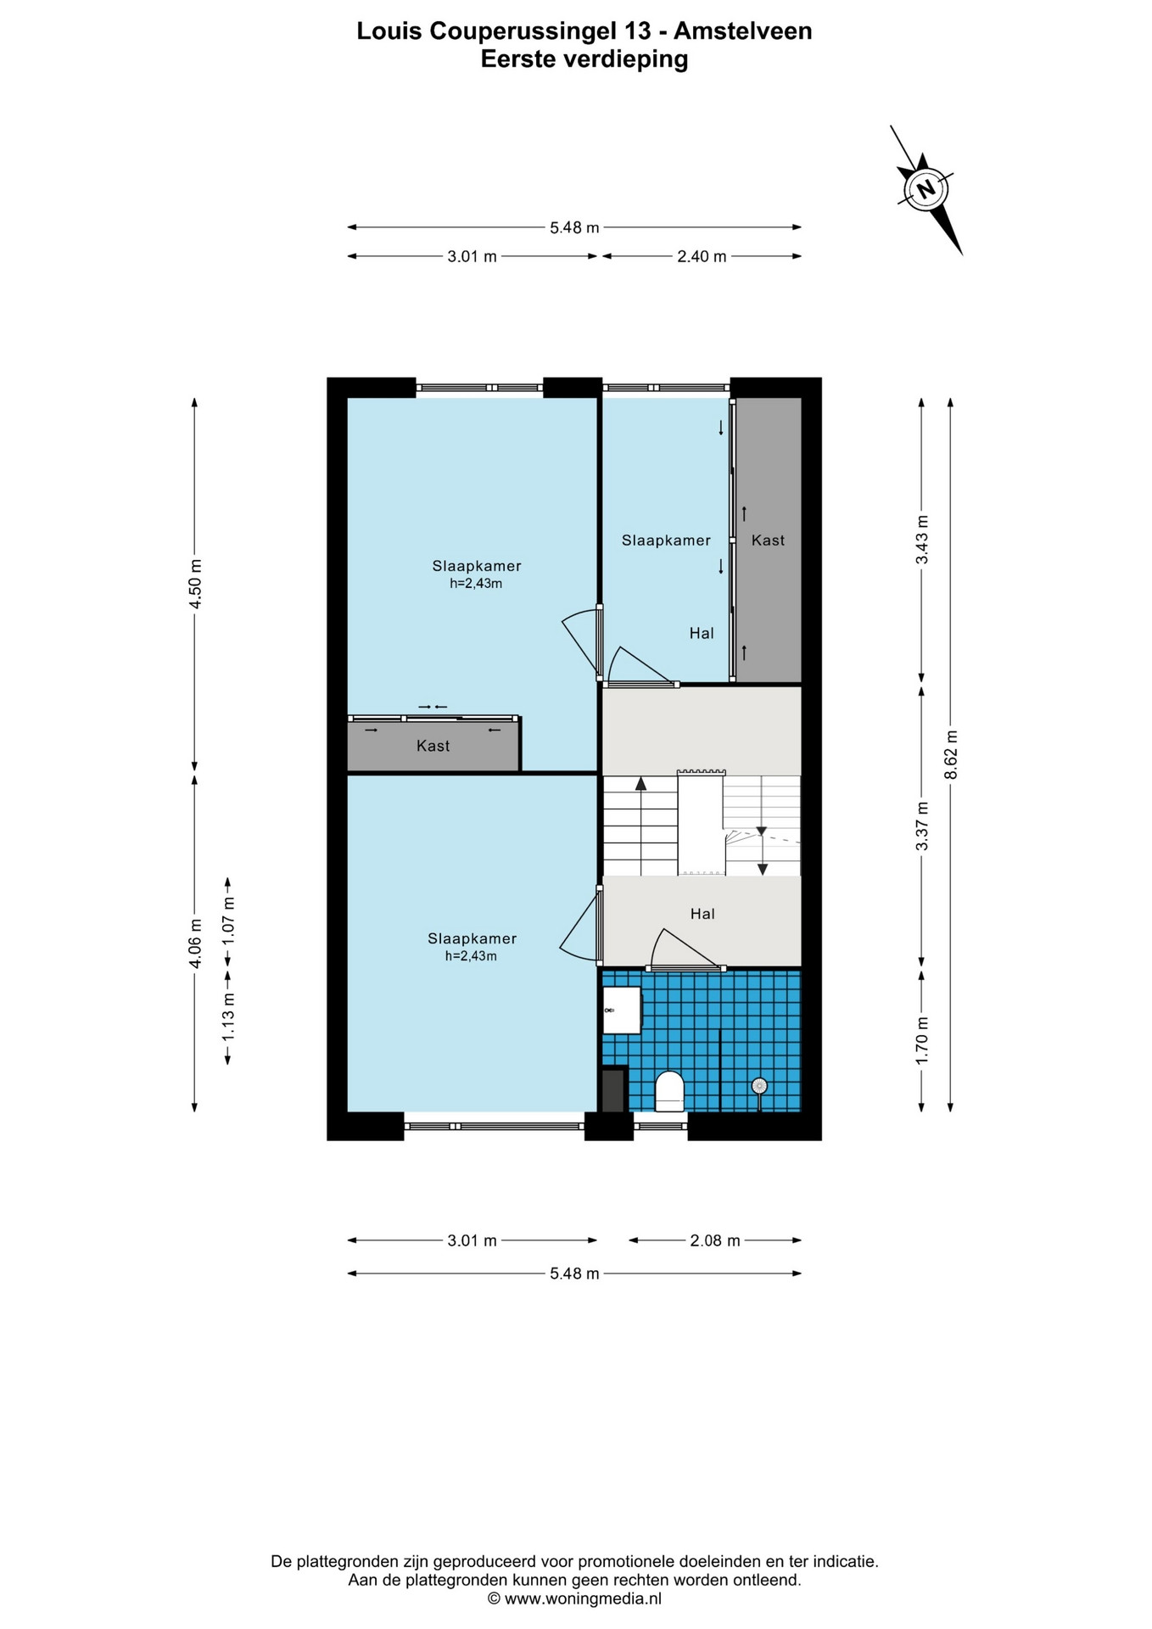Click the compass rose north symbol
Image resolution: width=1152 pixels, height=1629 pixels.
pyautogui.click(x=926, y=188)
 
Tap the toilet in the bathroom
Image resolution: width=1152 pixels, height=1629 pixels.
pyautogui.click(x=669, y=1091)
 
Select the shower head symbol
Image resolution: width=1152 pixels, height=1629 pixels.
pyautogui.click(x=759, y=1086)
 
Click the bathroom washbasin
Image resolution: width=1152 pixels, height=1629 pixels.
pyautogui.click(x=621, y=1010)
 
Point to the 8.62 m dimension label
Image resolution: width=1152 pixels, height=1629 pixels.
pyautogui.click(x=951, y=754)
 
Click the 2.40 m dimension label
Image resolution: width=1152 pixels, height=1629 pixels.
pyautogui.click(x=702, y=256)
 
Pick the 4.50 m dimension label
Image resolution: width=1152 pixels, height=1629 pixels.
pyautogui.click(x=195, y=584)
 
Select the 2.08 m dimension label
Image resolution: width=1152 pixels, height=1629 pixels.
pyautogui.click(x=715, y=1240)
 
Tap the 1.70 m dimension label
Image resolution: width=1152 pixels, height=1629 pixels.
pyautogui.click(x=922, y=1041)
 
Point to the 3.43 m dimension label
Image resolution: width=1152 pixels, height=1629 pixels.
pyautogui.click(x=922, y=540)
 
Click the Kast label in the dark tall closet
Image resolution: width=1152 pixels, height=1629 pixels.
pyautogui.click(x=768, y=540)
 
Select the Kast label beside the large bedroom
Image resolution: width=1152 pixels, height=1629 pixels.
pyautogui.click(x=433, y=746)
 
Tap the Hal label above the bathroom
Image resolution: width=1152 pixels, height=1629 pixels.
pyautogui.click(x=702, y=914)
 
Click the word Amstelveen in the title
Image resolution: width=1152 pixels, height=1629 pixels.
pyautogui.click(x=743, y=31)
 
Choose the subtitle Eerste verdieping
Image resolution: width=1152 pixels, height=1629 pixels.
pyautogui.click(x=584, y=59)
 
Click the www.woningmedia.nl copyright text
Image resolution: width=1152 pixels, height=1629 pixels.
pyautogui.click(x=574, y=1598)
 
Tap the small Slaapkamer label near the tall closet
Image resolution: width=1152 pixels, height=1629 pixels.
pyautogui.click(x=666, y=540)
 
